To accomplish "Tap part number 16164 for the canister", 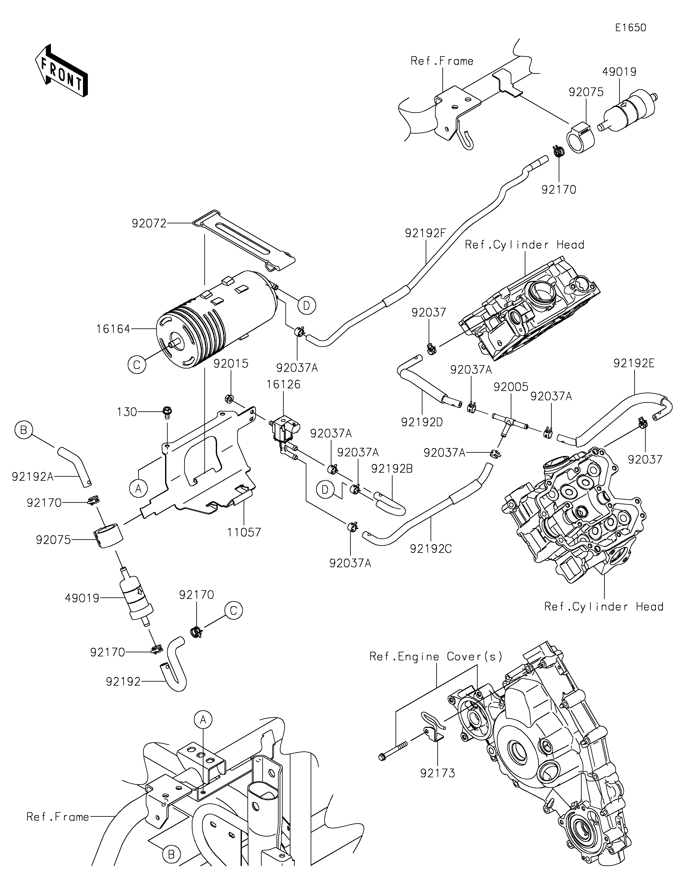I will point(113,329).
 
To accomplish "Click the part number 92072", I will point(149,224).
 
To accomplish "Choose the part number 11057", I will point(244,532).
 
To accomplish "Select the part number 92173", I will point(438,773).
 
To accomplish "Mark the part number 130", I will point(127,412).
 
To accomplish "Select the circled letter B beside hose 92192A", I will point(24,430).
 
